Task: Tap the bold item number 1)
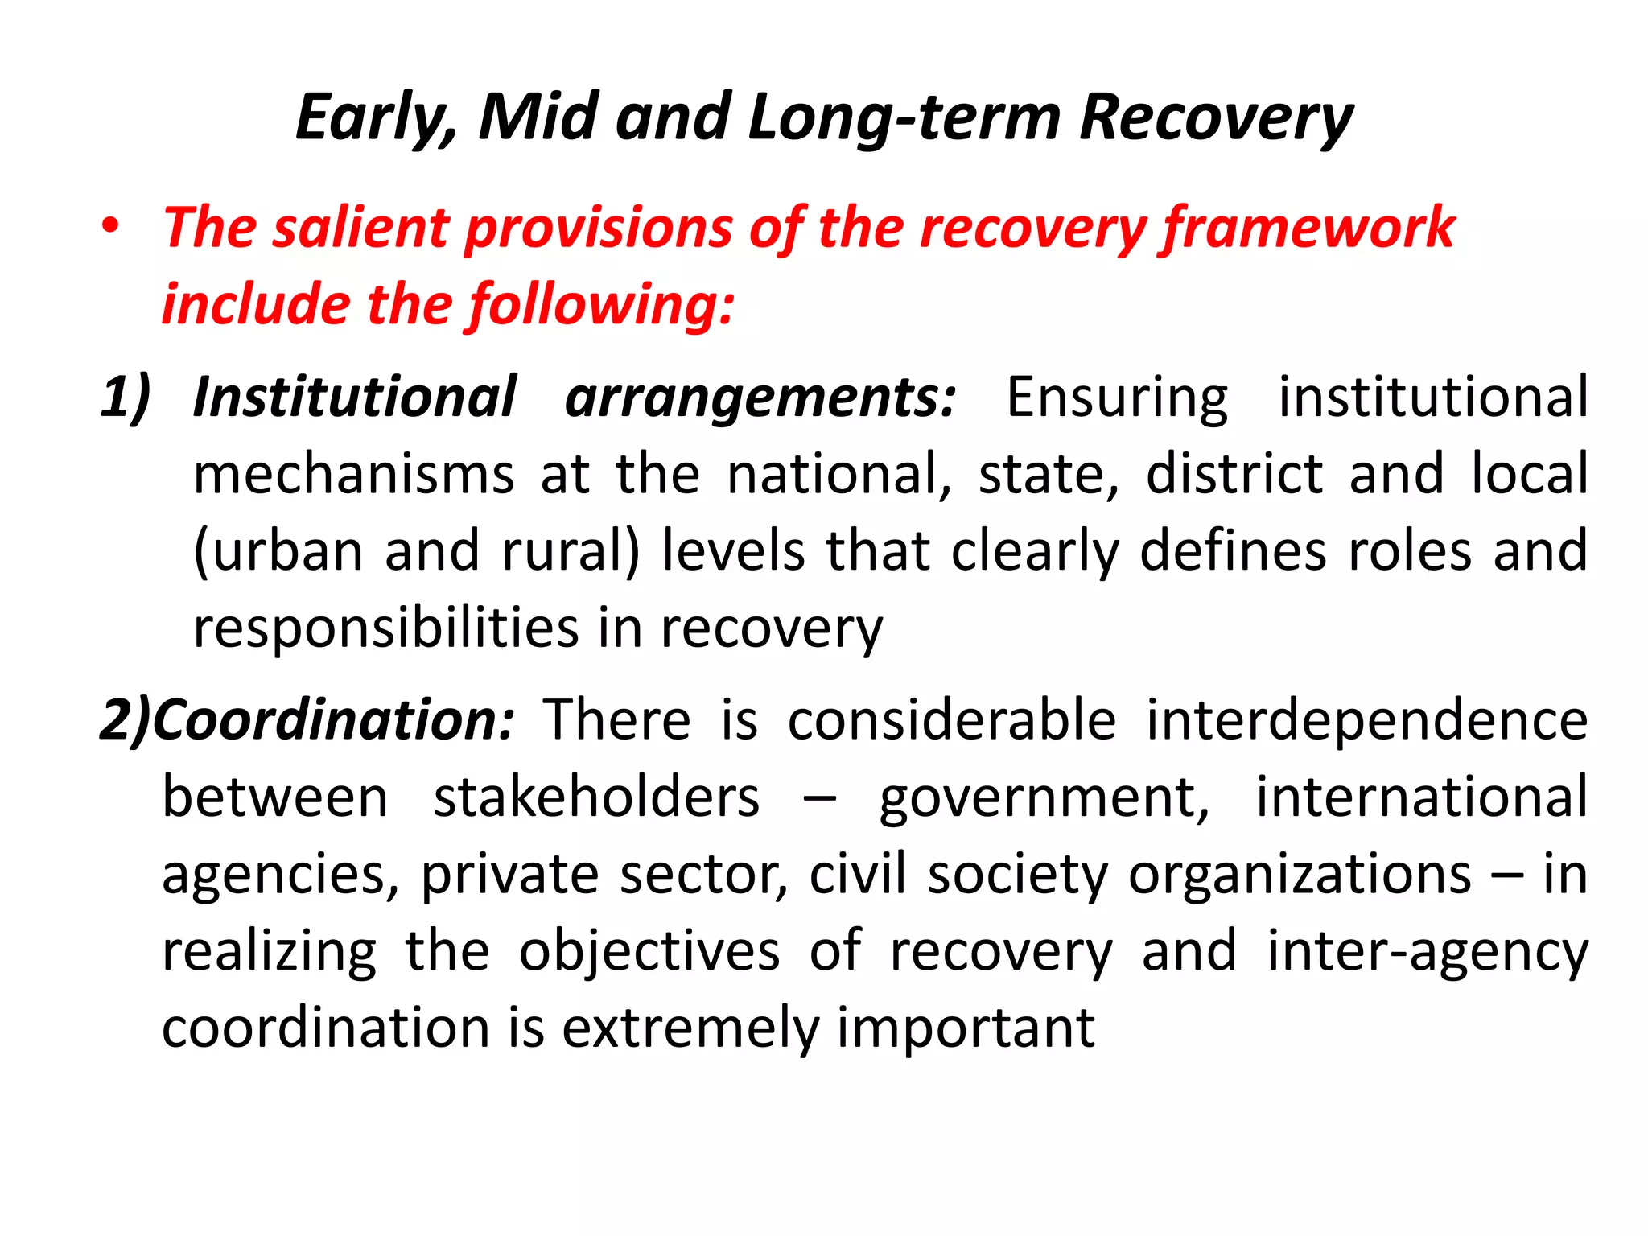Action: coord(126,398)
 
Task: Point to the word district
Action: coord(1234,475)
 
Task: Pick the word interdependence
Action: coord(1367,719)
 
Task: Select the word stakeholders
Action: coord(596,797)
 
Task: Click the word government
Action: coord(1044,799)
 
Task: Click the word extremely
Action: coord(691,1029)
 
